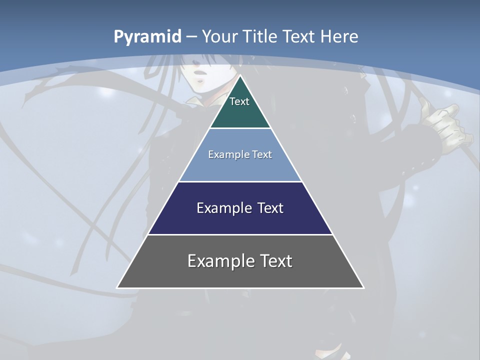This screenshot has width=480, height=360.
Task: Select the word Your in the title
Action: pos(219,36)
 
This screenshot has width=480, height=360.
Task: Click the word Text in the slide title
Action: pos(299,36)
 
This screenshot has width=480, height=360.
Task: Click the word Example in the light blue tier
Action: pos(224,155)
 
